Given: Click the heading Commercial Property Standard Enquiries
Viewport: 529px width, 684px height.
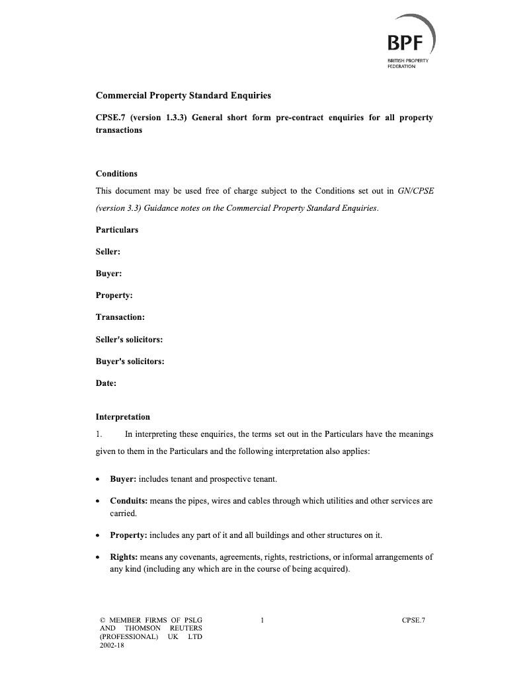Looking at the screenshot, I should pos(183,96).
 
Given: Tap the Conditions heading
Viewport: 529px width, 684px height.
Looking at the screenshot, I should pos(116,174).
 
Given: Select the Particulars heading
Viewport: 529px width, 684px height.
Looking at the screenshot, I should pos(117,230).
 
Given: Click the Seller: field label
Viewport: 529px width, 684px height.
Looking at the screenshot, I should pos(108,252).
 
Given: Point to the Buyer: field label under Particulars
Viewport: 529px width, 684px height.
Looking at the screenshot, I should pos(108,274).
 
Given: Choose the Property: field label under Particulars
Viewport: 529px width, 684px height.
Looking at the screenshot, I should pos(114,295).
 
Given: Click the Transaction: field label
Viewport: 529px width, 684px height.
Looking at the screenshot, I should pos(120,317).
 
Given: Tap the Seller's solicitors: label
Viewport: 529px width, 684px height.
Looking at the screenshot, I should pos(129,340).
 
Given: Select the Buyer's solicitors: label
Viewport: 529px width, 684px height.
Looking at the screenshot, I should pos(130,361).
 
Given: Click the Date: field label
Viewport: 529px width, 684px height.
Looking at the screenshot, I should pos(106,383).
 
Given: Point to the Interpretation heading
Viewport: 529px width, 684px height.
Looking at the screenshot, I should pos(123,417).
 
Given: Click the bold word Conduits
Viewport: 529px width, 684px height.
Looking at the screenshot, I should pos(129,501).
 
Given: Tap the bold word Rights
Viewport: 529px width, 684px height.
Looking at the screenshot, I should pos(123,557).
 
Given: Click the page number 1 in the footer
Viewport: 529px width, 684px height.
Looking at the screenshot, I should pos(263,620).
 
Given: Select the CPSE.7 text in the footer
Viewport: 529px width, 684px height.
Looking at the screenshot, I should pos(413,620).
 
